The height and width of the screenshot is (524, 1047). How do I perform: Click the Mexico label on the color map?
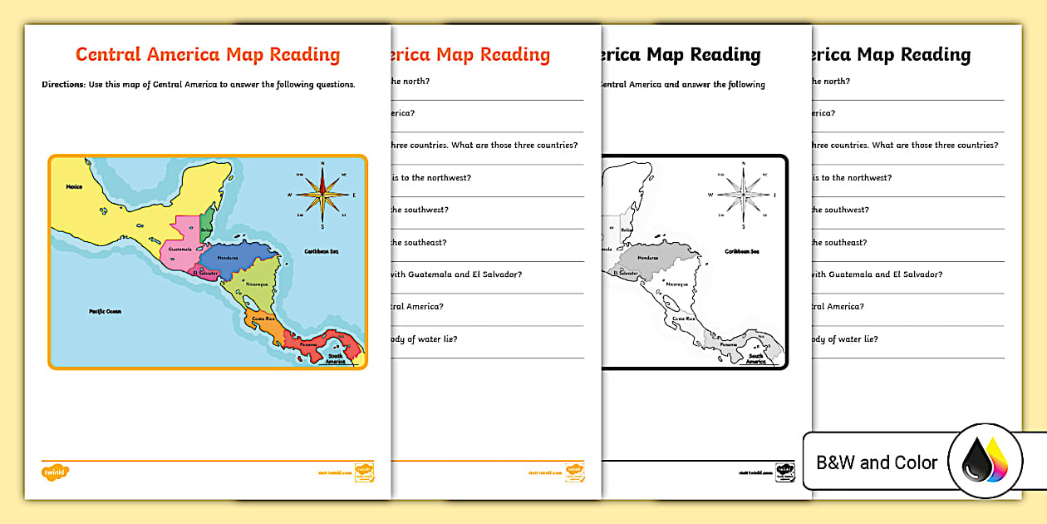(75, 187)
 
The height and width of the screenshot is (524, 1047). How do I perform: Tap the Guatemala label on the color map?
(180, 249)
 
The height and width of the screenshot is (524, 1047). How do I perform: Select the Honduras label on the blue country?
(228, 258)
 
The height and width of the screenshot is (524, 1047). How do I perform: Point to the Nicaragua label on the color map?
(257, 284)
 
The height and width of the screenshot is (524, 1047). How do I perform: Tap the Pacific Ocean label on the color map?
(106, 311)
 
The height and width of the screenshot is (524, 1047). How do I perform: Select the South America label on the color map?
(336, 358)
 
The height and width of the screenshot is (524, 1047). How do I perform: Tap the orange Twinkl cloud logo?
(55, 472)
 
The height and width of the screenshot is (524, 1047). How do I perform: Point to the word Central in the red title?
(108, 55)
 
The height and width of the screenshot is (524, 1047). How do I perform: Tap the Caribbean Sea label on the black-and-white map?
(742, 251)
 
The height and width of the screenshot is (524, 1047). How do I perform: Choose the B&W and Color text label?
(877, 462)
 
